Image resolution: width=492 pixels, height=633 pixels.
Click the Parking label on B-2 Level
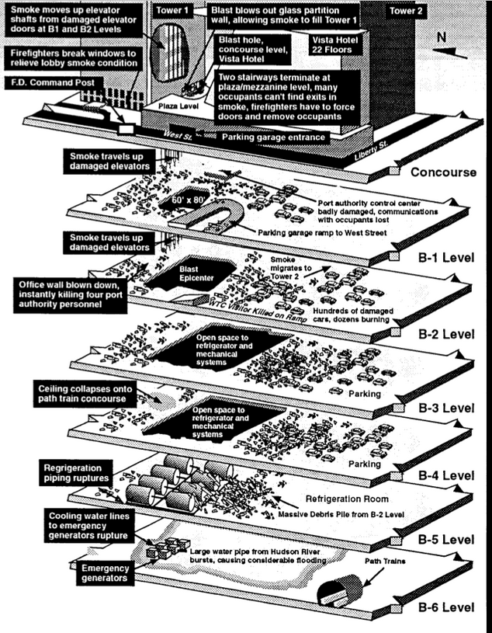[x=365, y=395]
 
